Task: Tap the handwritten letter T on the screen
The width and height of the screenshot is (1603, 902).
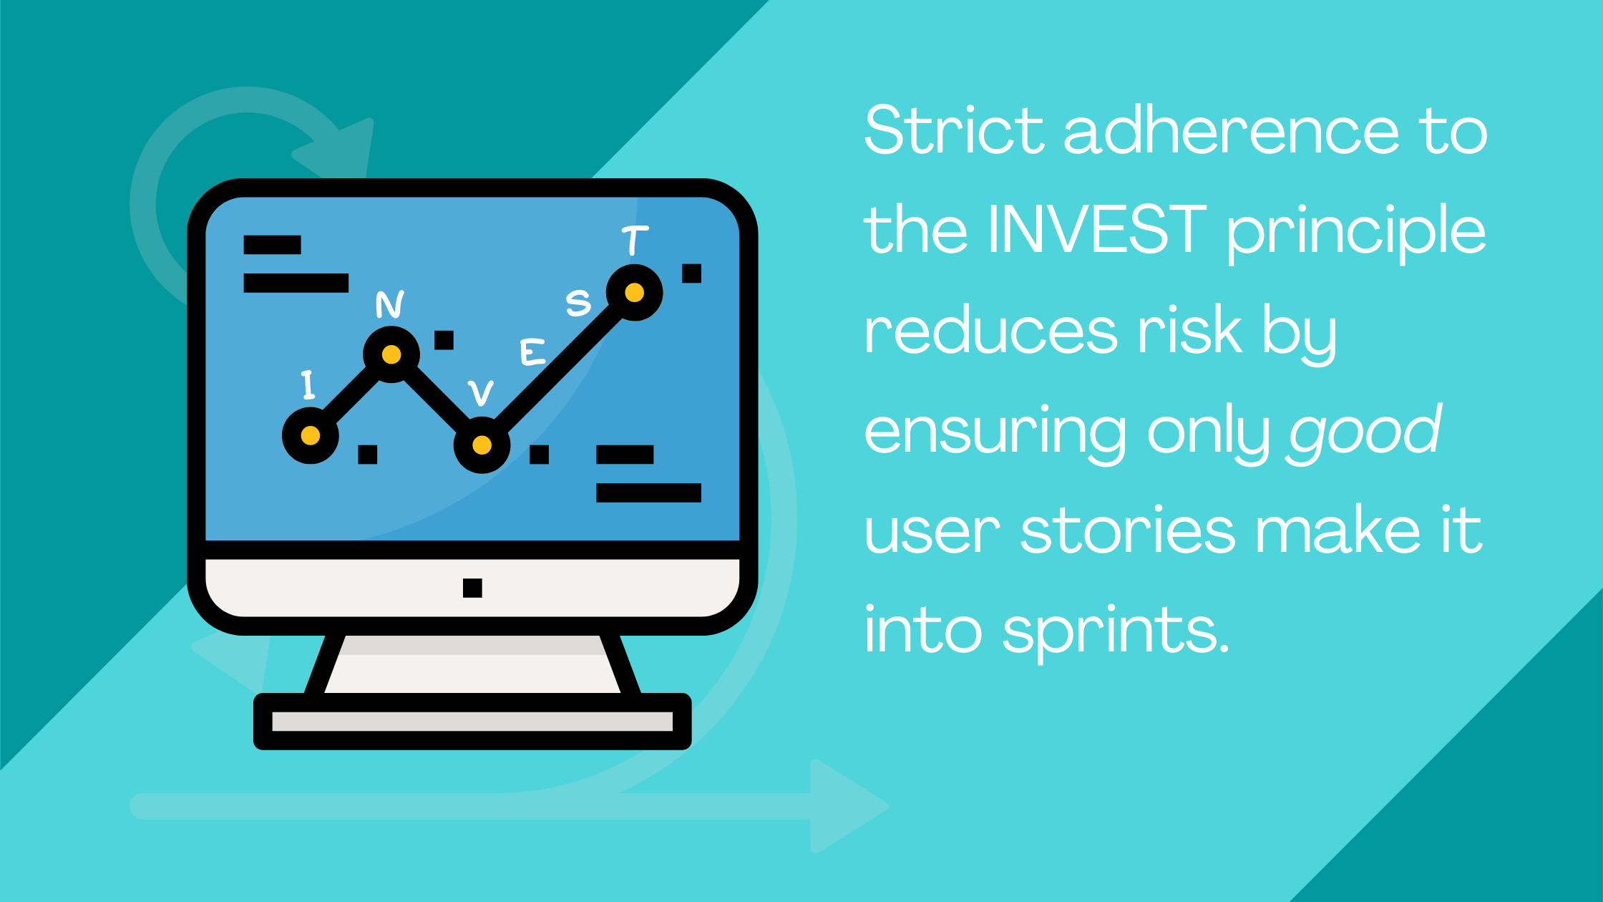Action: (634, 240)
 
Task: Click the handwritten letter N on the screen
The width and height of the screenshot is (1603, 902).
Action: (390, 304)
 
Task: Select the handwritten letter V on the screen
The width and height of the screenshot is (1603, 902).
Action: (481, 392)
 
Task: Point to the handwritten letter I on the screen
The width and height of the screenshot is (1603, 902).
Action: (308, 384)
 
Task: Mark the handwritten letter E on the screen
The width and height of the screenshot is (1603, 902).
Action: (532, 351)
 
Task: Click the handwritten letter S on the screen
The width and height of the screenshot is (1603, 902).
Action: (578, 302)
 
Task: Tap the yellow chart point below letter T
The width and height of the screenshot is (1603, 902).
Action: (634, 293)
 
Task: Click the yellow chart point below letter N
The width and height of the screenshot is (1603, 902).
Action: (391, 354)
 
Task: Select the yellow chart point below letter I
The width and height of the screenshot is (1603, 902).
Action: (311, 435)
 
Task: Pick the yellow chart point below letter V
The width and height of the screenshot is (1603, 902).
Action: (482, 445)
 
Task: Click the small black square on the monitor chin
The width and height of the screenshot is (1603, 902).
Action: (472, 588)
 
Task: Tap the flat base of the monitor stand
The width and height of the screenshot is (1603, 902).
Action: (472, 722)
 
